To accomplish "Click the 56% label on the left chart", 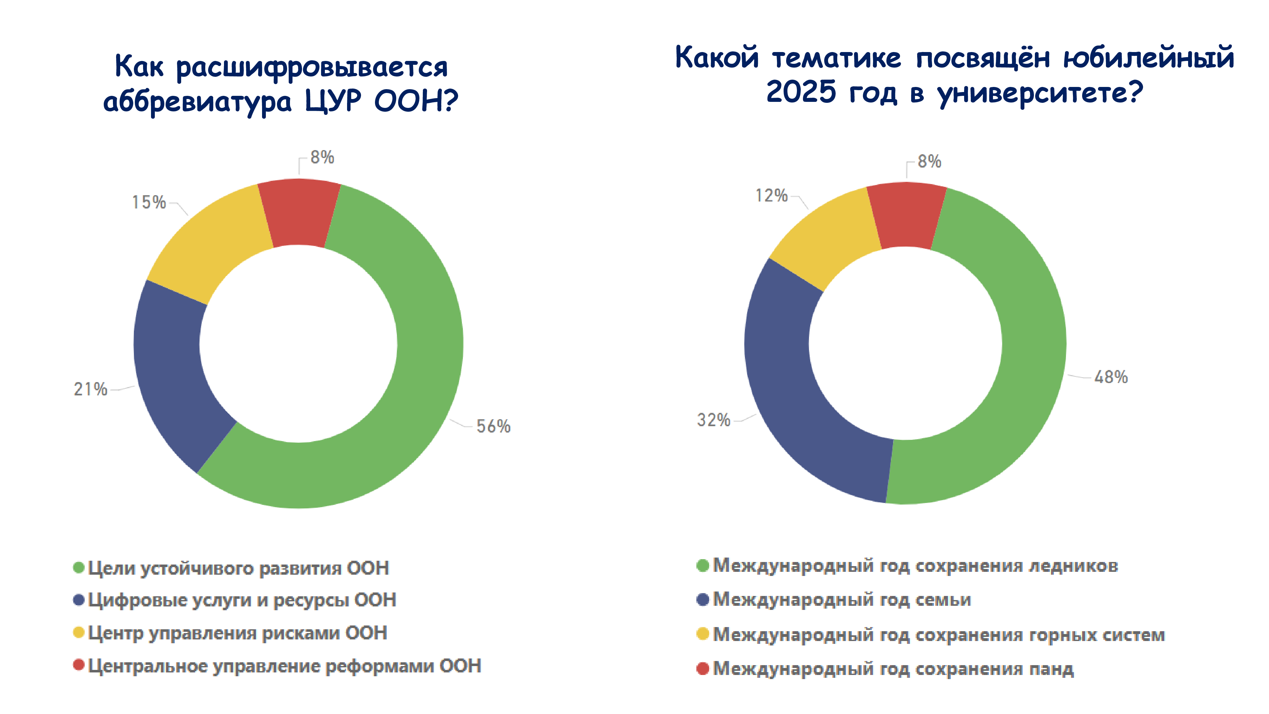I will (493, 426).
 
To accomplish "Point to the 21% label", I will (91, 389).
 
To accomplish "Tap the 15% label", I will (149, 202).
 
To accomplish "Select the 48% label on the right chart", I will (1111, 377).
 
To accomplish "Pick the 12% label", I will (772, 195).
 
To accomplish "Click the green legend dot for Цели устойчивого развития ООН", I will (79, 568).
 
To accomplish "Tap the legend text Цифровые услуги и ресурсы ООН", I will (242, 600).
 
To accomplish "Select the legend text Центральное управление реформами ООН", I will (284, 666).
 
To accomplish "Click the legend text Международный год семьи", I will (842, 600).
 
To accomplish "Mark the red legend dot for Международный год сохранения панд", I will (702, 669).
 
